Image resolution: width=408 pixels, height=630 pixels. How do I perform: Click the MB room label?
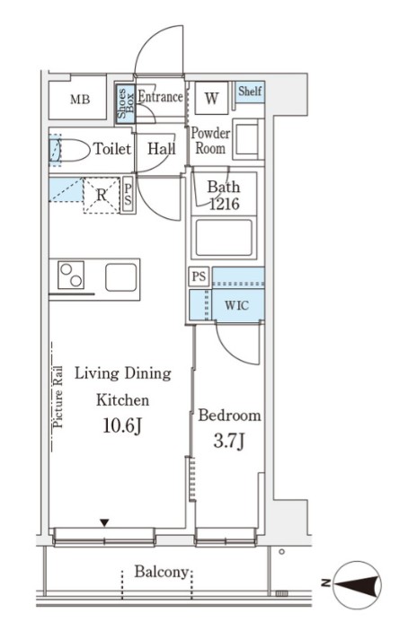pos(80,100)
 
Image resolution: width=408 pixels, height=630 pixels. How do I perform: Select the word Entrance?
pos(160,96)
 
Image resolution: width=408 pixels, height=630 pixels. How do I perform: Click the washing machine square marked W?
pos(212,98)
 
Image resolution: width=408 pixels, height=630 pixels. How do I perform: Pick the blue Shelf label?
pos(250,91)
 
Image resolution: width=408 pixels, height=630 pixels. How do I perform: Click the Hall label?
pos(162,149)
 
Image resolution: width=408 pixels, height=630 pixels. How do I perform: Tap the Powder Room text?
pos(210,141)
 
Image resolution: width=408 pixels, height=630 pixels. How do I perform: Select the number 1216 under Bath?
pos(224,204)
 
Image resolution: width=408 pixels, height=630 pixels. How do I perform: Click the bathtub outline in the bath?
pos(224,238)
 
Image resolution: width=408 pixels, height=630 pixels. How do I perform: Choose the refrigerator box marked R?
pos(102,196)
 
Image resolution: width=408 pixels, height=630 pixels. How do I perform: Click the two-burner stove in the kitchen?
pos(71,275)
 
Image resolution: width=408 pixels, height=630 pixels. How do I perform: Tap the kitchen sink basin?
pos(121,277)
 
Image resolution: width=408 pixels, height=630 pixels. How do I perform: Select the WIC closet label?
pos(236,305)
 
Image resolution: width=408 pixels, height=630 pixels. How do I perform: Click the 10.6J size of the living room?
pos(122,426)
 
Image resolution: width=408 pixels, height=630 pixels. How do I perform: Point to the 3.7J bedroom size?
pos(229,442)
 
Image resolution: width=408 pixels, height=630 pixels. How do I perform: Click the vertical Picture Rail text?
pos(58,397)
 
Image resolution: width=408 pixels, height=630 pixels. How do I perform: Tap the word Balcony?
pos(162,572)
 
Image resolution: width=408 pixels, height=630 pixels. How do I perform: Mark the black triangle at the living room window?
pos(104,522)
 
